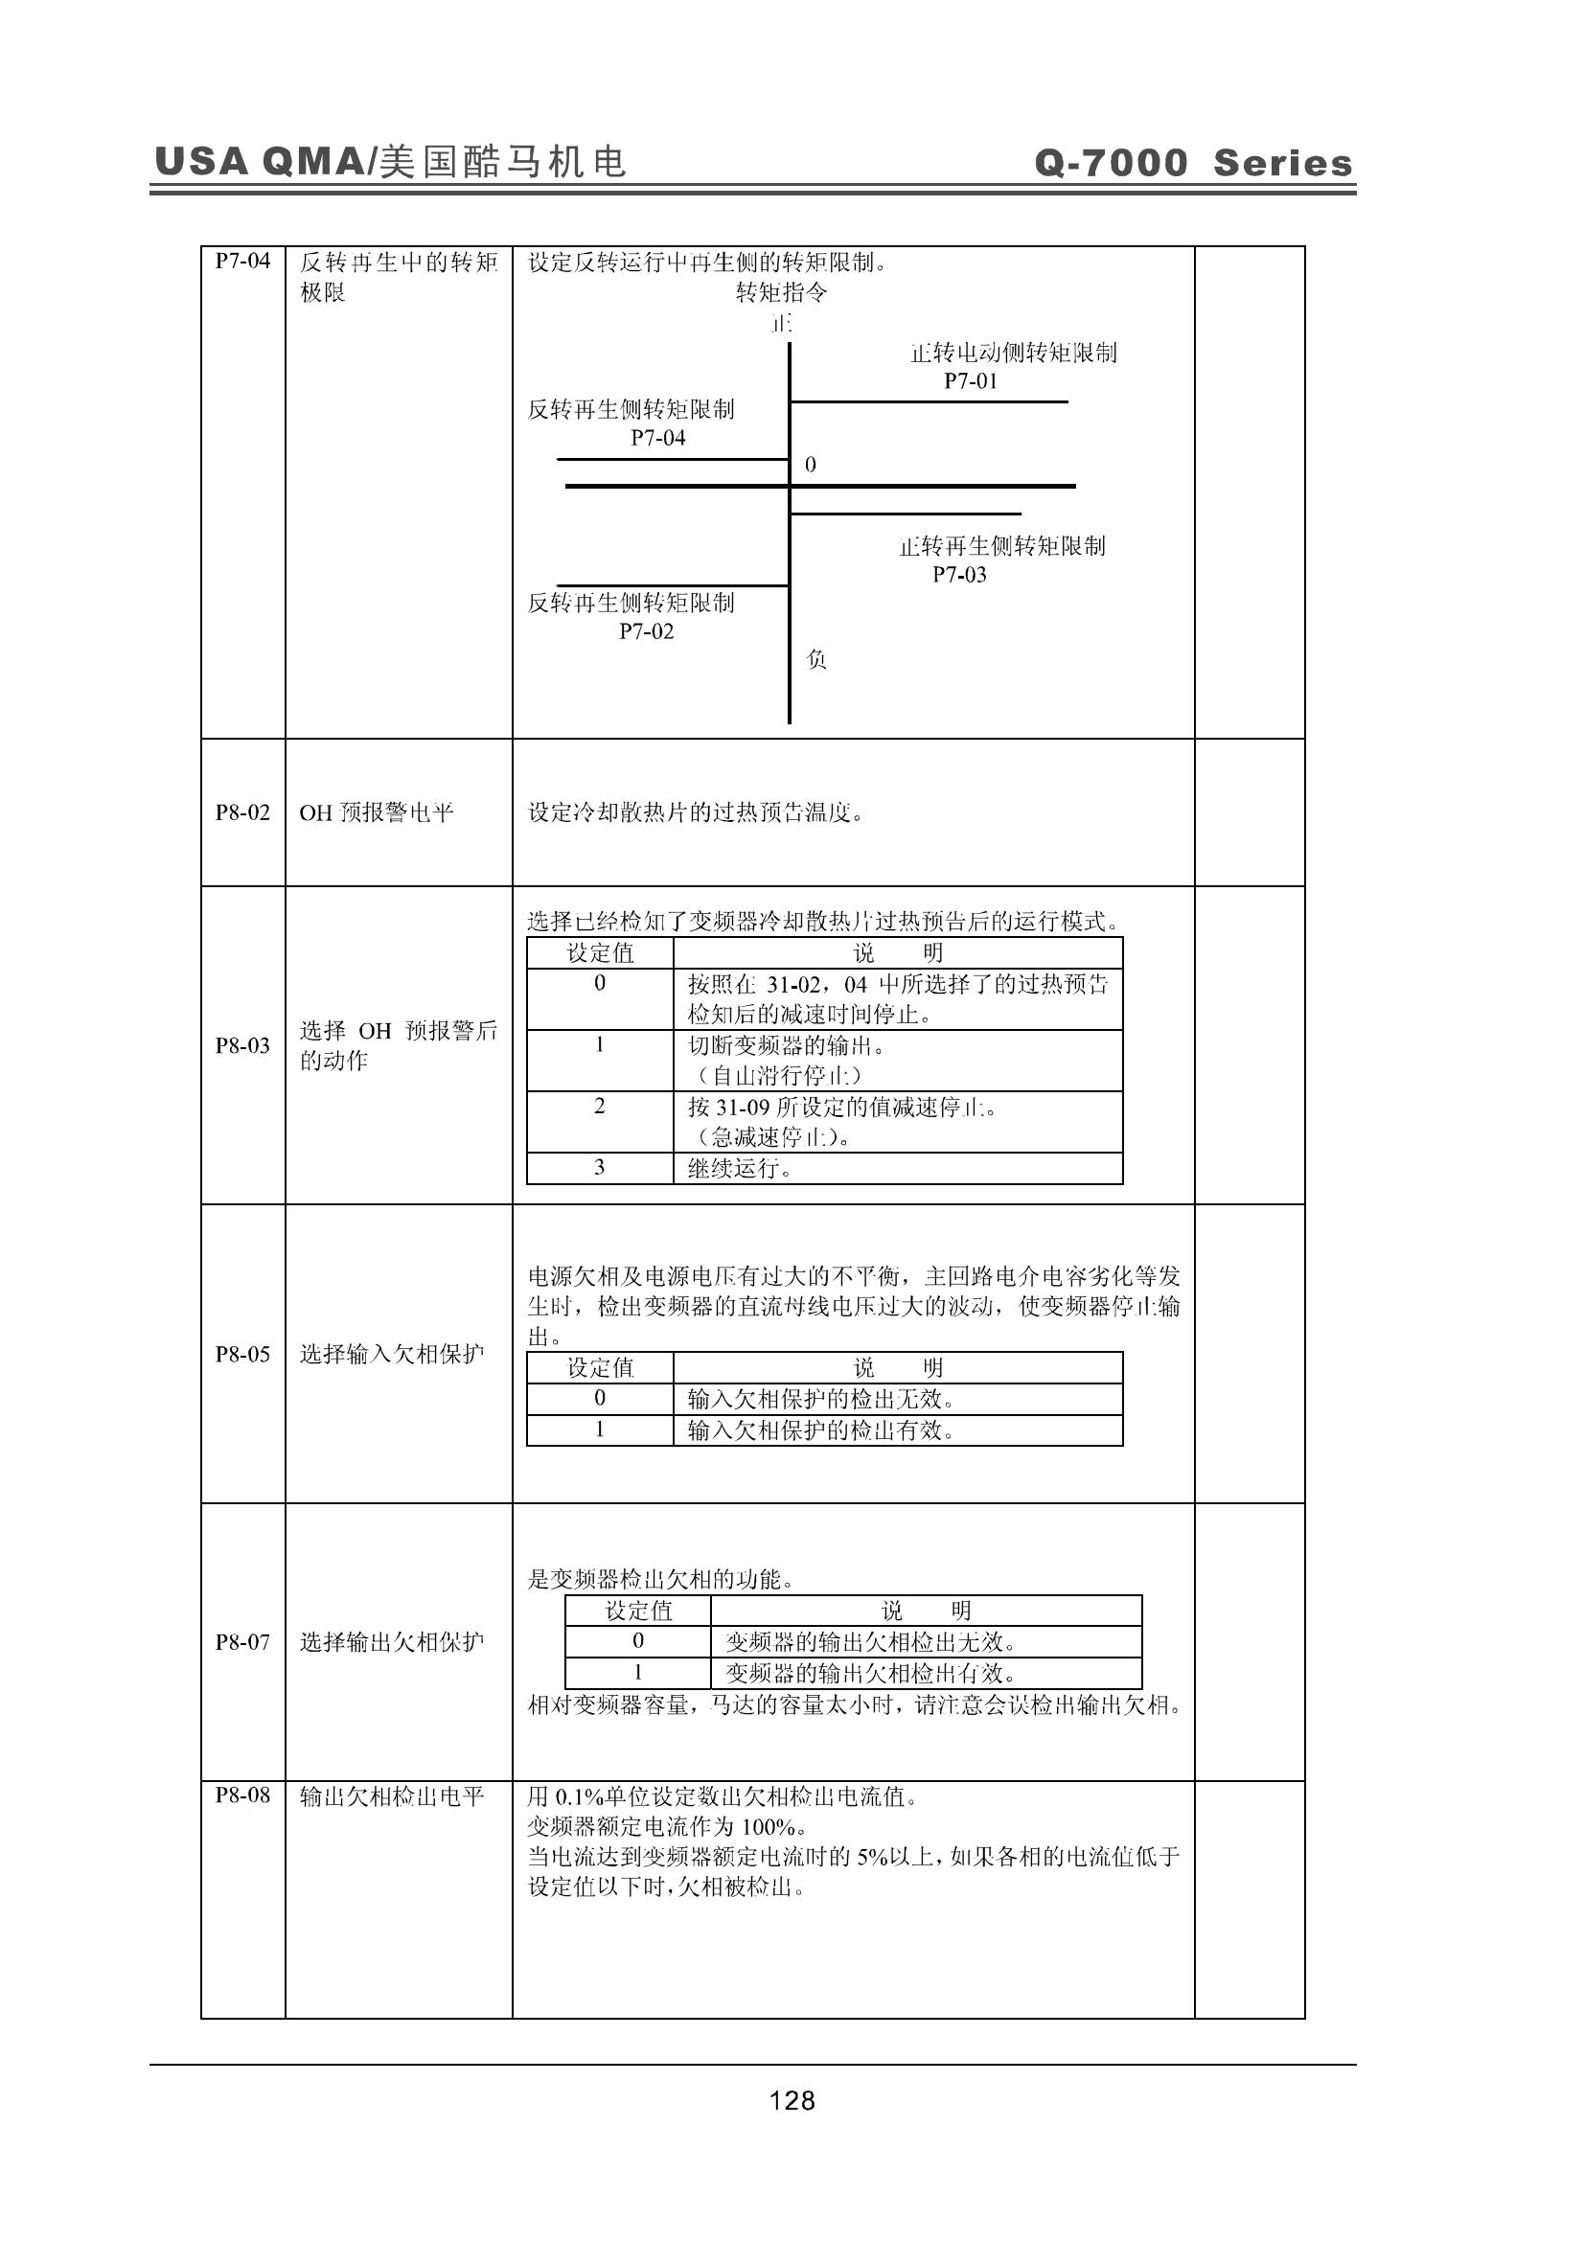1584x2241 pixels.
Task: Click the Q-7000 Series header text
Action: (x=1194, y=162)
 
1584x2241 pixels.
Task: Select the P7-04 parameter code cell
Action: (x=242, y=261)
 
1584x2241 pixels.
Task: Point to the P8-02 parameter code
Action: (x=242, y=812)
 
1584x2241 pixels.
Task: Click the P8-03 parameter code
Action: (x=242, y=1045)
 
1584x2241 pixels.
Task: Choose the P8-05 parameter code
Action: (x=242, y=1354)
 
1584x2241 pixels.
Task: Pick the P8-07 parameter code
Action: (x=242, y=1642)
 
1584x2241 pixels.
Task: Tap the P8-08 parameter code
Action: (x=242, y=1795)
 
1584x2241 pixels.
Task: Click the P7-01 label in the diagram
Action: (x=970, y=381)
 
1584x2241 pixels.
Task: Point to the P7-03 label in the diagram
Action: (x=959, y=575)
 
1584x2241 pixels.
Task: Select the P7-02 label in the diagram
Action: (x=646, y=631)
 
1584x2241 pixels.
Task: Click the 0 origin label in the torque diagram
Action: (x=810, y=465)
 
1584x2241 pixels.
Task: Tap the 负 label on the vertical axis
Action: (x=816, y=660)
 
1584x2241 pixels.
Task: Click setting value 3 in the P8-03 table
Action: (x=599, y=1167)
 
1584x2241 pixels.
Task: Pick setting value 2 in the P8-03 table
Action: (x=599, y=1106)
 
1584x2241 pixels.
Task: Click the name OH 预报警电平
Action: (x=376, y=812)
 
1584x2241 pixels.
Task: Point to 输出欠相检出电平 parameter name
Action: (x=391, y=1795)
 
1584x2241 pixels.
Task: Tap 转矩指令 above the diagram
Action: (x=781, y=292)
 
